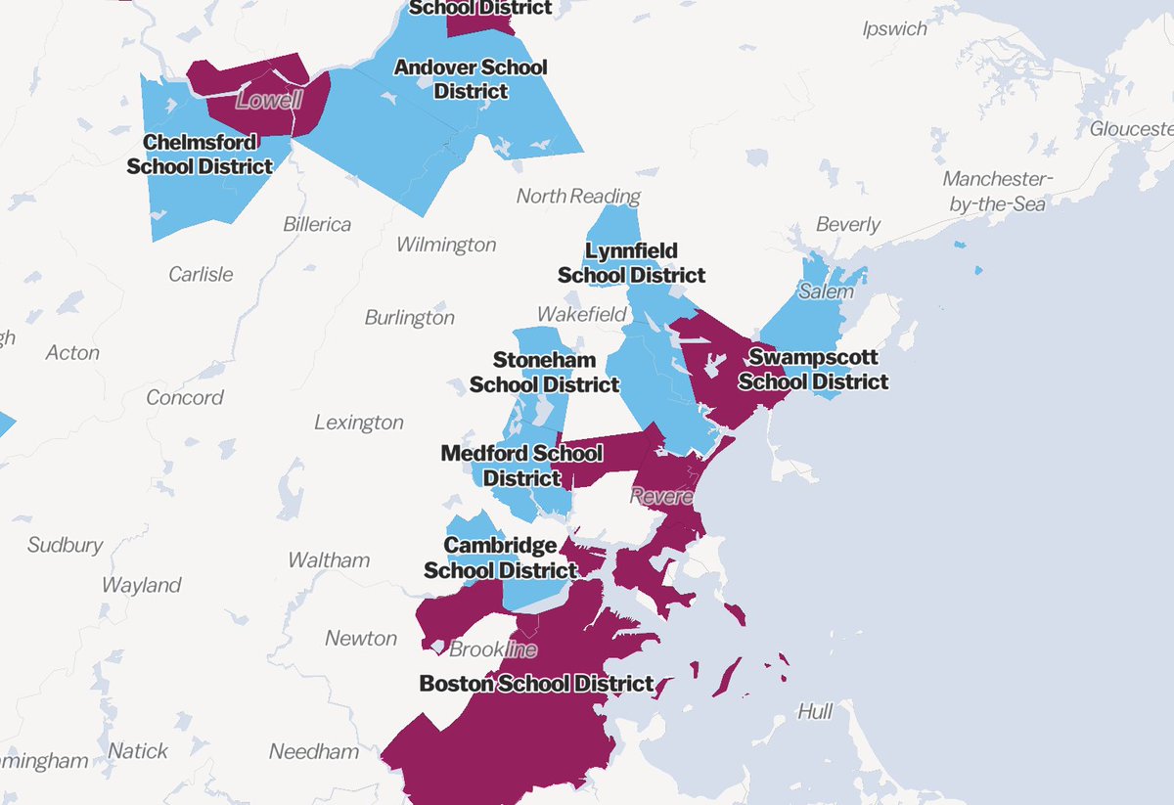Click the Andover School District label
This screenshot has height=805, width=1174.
(x=470, y=79)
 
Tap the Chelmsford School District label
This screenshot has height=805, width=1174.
(x=200, y=155)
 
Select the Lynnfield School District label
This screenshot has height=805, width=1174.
(x=631, y=263)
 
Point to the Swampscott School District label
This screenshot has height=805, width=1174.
(x=813, y=369)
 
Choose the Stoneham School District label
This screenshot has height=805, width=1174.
(x=544, y=373)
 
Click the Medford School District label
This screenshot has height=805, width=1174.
(x=521, y=466)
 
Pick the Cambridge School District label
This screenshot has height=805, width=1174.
(x=500, y=558)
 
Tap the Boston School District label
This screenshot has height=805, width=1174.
(x=536, y=683)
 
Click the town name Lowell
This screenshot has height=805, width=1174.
(x=269, y=100)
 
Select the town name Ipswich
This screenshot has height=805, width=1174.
(x=894, y=28)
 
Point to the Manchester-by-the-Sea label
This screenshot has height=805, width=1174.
(x=994, y=191)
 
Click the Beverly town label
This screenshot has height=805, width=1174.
(x=847, y=224)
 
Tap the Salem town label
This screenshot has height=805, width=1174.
(x=826, y=291)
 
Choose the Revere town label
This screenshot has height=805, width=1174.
(x=662, y=497)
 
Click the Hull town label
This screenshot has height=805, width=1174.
(x=814, y=711)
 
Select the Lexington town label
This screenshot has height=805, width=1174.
(x=358, y=423)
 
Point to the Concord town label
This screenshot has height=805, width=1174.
(x=184, y=397)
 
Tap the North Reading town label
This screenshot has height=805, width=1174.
(x=578, y=196)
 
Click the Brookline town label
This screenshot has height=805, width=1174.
(x=493, y=648)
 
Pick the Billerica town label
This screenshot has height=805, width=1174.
(x=317, y=224)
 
